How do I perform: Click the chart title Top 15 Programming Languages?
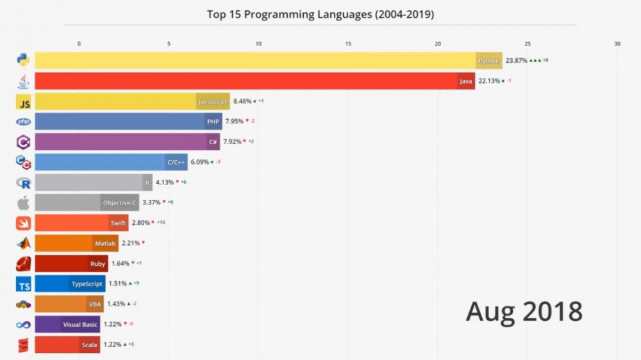pos(320,14)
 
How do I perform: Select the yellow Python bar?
pos(256,61)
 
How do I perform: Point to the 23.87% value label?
pos(516,61)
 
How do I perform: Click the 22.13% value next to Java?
pos(489,81)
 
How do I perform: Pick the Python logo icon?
pos(24,60)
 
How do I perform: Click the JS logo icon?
pos(24,102)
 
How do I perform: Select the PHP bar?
pos(128,122)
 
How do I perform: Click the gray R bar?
pos(93,183)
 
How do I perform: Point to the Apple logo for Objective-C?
pos(24,203)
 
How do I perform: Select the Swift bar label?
pos(118,224)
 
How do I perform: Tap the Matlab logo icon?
pos(24,243)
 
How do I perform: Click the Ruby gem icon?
pos(24,264)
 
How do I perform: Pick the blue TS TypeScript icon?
pos(24,284)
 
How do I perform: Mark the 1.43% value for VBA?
pos(116,304)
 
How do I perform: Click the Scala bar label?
pos(89,345)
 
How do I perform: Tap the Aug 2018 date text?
pos(524,312)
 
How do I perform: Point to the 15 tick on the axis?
pos(348,44)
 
